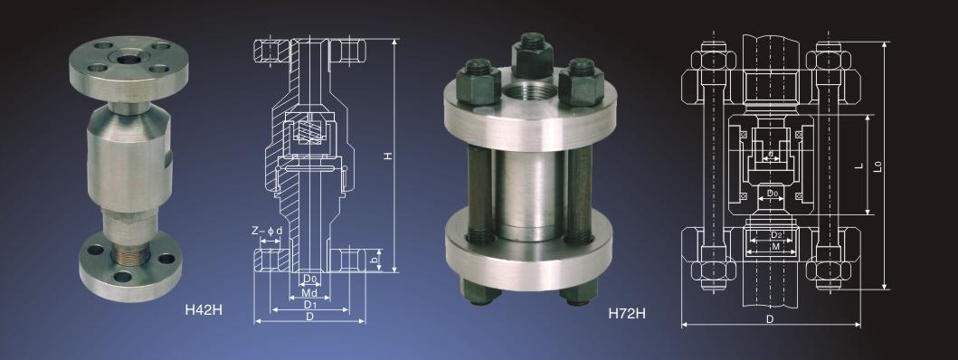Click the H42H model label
tap(204, 309)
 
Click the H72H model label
tap(627, 314)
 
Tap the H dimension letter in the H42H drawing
tap(387, 156)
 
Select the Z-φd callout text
tap(267, 231)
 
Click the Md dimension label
tap(309, 292)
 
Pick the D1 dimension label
tap(309, 305)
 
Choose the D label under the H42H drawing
tap(309, 316)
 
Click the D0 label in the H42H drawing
tap(310, 279)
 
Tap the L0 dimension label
tap(878, 165)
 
